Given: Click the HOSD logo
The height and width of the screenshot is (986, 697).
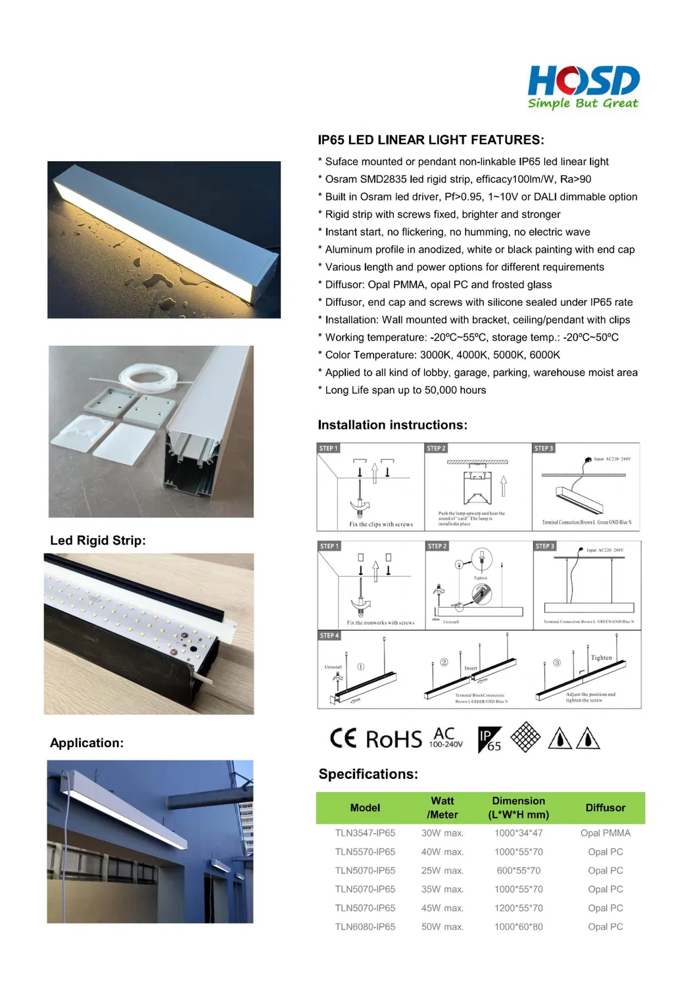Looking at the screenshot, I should click(583, 81).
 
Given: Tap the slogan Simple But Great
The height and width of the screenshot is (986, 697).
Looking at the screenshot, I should click(583, 103).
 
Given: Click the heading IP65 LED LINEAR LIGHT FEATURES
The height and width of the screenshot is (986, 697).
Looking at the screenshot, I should click(431, 140).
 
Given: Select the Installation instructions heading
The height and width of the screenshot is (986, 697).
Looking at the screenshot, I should click(392, 425).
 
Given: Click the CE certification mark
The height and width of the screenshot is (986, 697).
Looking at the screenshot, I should click(343, 738).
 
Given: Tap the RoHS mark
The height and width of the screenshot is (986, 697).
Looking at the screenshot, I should click(393, 739).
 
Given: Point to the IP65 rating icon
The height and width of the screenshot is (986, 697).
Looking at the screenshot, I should click(490, 739).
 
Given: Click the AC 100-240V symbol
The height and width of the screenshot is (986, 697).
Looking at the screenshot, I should click(446, 737).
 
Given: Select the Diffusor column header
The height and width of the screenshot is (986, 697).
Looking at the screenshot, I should click(605, 808).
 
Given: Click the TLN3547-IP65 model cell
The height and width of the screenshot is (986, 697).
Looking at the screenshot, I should click(365, 833).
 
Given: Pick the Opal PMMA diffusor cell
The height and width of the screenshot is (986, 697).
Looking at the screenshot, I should click(605, 833).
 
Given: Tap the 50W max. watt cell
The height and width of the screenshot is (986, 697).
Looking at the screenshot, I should click(442, 927).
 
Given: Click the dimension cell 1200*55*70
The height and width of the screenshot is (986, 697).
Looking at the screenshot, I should click(518, 908).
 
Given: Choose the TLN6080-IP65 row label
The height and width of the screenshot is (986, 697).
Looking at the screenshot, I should click(365, 927).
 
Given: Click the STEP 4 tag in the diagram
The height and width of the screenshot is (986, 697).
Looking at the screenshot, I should click(329, 635).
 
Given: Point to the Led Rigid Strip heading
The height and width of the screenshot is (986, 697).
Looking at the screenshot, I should click(98, 541).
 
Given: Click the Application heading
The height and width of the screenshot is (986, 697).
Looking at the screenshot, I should click(87, 743).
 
